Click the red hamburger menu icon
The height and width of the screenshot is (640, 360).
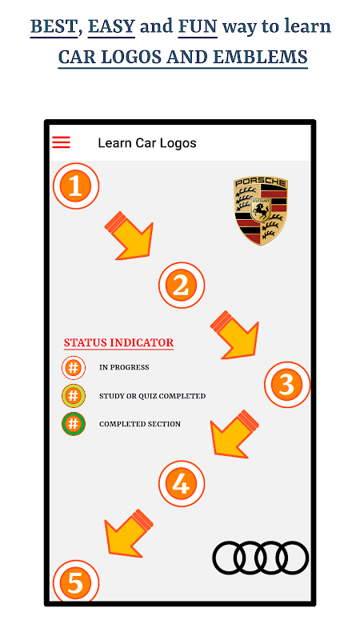coord(62,142)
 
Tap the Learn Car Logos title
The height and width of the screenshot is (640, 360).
coord(147,143)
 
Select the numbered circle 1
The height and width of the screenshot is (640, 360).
coord(76,186)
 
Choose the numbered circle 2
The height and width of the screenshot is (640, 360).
coord(182,286)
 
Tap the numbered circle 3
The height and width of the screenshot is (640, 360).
coord(287,385)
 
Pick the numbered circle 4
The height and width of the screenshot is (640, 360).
coord(182,484)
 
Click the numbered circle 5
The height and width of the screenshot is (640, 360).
coord(76,582)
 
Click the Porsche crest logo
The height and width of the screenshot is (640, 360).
coord(261,210)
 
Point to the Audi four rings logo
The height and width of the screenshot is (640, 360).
coord(261,558)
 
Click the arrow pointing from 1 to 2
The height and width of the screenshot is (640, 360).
coord(130,238)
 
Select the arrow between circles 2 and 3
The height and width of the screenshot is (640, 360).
coord(236,336)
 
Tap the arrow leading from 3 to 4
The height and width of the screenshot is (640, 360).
coord(234,435)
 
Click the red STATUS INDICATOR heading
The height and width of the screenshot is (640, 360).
coord(118,343)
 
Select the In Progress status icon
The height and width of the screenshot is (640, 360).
coord(74,368)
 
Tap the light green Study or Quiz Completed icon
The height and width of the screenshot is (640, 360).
coord(74,396)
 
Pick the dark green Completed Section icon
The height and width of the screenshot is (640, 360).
coord(74,424)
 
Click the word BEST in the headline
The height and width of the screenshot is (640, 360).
coord(54,27)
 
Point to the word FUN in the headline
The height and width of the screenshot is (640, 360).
coord(198,27)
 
